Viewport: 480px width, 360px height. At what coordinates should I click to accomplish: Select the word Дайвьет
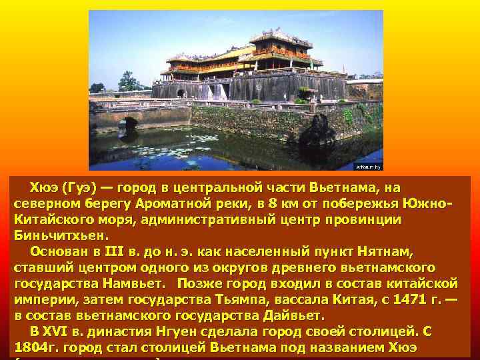coord(290,315)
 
